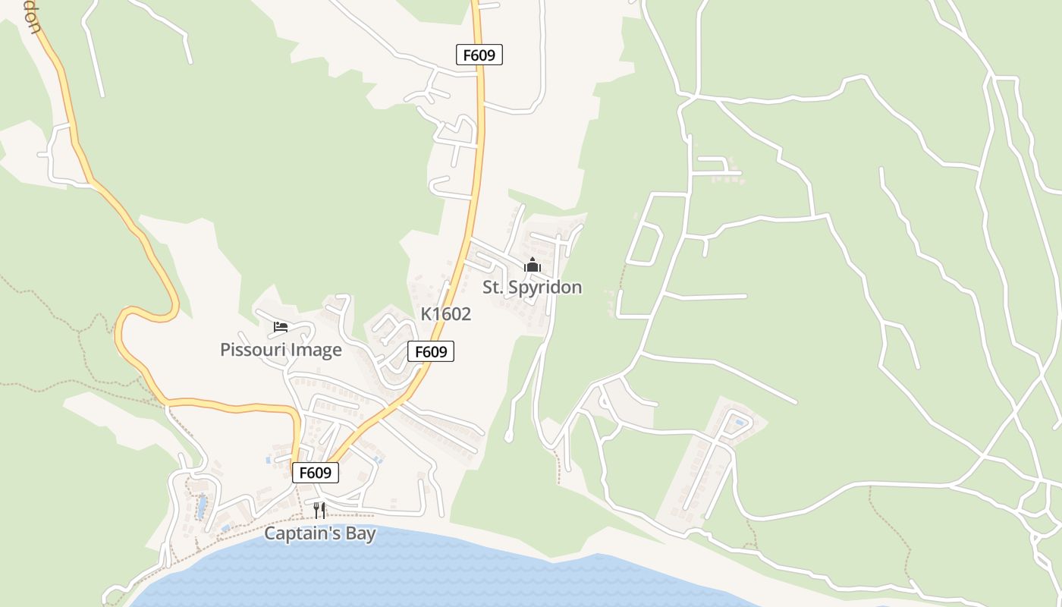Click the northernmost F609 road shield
pyautogui.click(x=479, y=55)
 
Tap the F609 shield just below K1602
pyautogui.click(x=431, y=351)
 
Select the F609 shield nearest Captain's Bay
pyautogui.click(x=316, y=473)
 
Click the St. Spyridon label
pyautogui.click(x=533, y=288)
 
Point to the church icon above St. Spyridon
pyautogui.click(x=533, y=265)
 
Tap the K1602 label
pyautogui.click(x=446, y=314)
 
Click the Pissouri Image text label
pyautogui.click(x=281, y=350)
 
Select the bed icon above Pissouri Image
pyautogui.click(x=281, y=327)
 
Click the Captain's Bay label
pyautogui.click(x=319, y=533)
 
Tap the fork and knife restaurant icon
pyautogui.click(x=319, y=510)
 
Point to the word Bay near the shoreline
pyautogui.click(x=360, y=533)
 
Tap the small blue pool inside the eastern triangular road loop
pyautogui.click(x=740, y=421)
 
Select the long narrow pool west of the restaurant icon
pyautogui.click(x=201, y=505)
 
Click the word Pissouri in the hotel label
pyautogui.click(x=248, y=350)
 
